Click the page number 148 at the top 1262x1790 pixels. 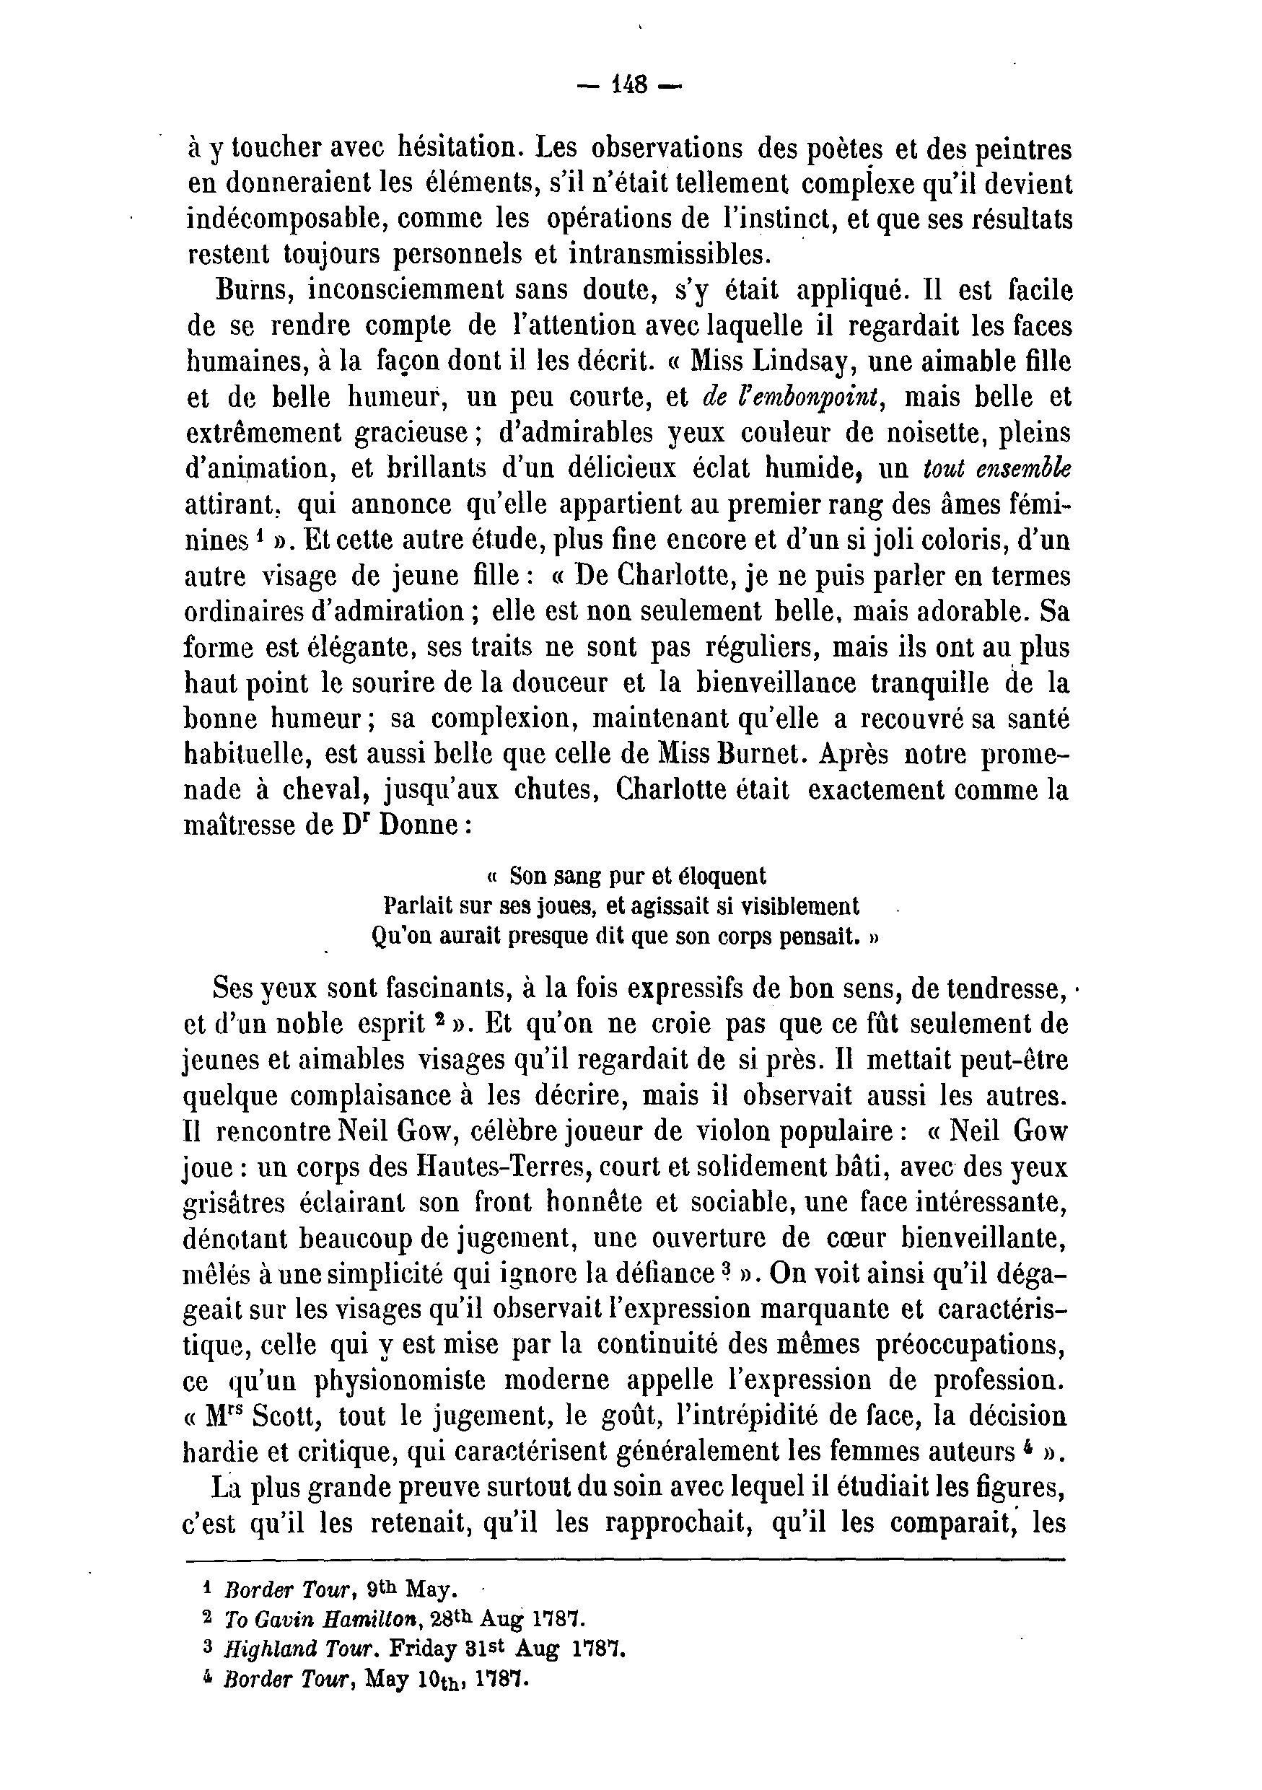(631, 85)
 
